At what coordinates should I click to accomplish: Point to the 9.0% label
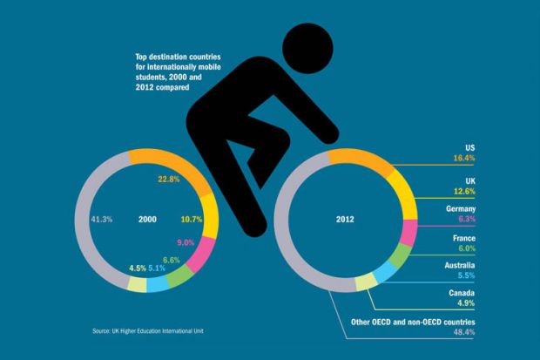[186, 242]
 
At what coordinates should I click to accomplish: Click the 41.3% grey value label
[102, 220]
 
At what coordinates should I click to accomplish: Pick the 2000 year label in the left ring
[147, 220]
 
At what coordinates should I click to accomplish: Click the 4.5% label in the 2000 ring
[137, 268]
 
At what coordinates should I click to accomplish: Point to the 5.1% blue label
[157, 268]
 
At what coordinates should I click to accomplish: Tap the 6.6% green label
[172, 260]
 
